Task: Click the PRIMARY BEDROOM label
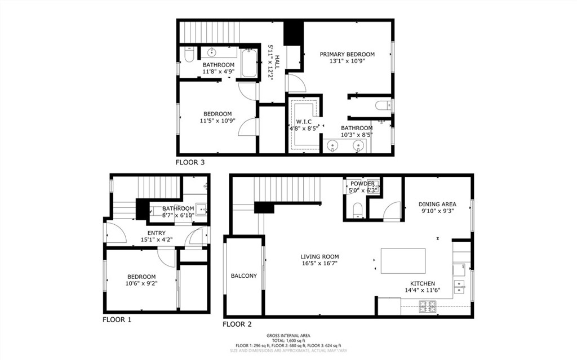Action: click(x=347, y=54)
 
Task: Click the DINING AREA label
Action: click(x=437, y=204)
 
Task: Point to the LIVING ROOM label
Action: click(x=319, y=256)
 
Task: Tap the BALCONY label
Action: click(x=243, y=275)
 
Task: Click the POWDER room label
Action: click(x=362, y=184)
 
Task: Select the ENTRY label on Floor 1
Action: click(x=156, y=233)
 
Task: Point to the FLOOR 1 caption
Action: click(x=117, y=319)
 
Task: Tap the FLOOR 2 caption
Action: click(x=237, y=324)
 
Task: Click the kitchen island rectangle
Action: click(x=403, y=261)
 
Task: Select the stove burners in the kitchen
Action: click(x=428, y=307)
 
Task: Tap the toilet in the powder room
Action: click(x=357, y=211)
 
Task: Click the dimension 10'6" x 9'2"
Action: click(x=141, y=283)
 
